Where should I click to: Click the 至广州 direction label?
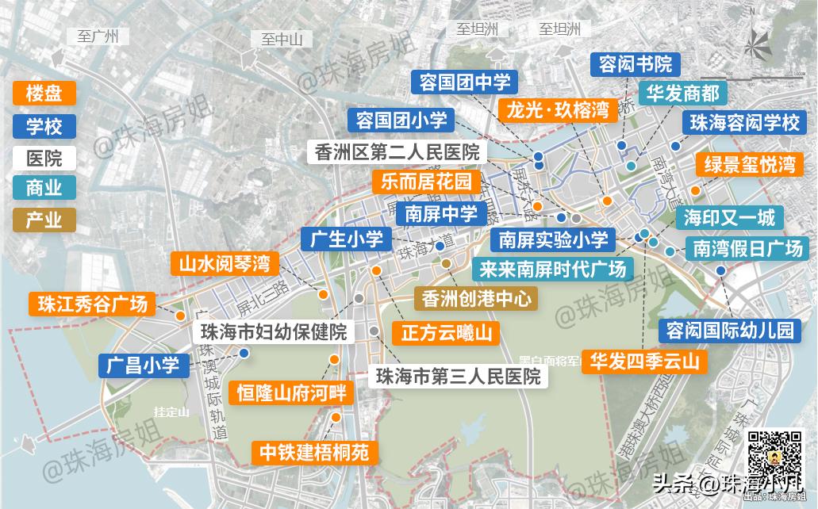point(98,36)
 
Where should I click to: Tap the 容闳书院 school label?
point(636,64)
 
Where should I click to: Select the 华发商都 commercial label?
point(682,94)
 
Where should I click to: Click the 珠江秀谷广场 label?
point(88,304)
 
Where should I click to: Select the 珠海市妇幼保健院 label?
point(274,332)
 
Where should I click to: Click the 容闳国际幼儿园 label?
point(730,331)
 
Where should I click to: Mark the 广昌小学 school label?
point(144,365)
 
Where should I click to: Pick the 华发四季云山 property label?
point(644,362)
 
